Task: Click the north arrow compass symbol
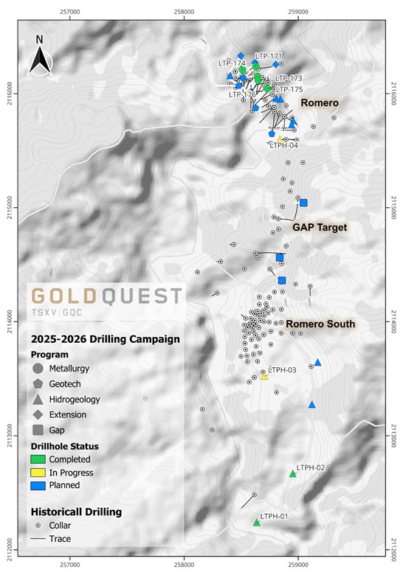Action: pyautogui.click(x=39, y=56)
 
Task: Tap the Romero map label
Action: pyautogui.click(x=319, y=103)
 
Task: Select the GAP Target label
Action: pyautogui.click(x=319, y=228)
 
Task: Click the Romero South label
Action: pyautogui.click(x=320, y=324)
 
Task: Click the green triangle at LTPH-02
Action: pyautogui.click(x=292, y=474)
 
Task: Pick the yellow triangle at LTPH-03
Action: pyautogui.click(x=264, y=377)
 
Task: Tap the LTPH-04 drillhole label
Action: pyautogui.click(x=284, y=145)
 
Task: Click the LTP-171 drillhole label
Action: pyautogui.click(x=269, y=56)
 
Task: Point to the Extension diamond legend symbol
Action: pyautogui.click(x=38, y=414)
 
